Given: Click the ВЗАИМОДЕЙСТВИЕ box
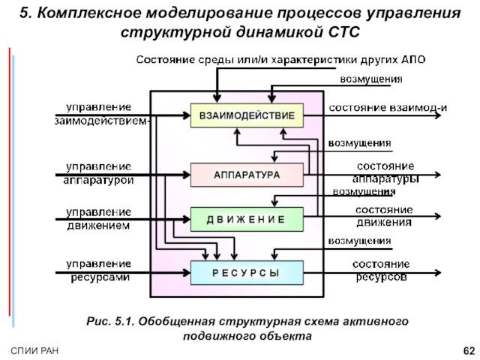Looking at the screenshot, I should point(247,115).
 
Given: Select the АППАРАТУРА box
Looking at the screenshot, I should point(247,175).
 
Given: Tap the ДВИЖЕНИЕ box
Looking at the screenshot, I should point(247,219).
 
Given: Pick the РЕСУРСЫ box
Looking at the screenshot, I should point(247,273).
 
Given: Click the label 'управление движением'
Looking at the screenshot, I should point(98,218).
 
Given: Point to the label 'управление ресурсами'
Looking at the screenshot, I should point(98,271).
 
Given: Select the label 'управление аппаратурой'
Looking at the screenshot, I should point(98,173).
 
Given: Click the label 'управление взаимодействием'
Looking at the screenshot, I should point(100,113).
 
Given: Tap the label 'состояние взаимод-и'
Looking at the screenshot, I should point(388,107).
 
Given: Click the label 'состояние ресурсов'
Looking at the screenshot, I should point(381,270).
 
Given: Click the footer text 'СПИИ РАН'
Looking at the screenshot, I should point(34,351).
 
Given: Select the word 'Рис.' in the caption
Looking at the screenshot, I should point(99,321).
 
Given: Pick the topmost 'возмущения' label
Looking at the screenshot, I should point(371,79).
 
